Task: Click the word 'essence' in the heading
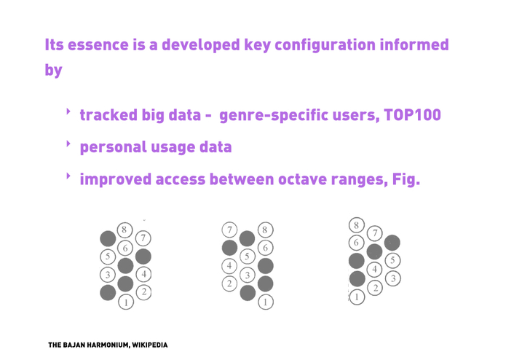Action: pos(98,44)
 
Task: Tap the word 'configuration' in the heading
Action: pos(325,45)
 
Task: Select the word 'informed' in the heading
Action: pos(414,44)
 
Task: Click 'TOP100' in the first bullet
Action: pos(412,115)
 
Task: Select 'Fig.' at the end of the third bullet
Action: pos(406,179)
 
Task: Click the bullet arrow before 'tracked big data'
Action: pos(68,111)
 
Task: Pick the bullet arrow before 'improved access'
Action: pos(68,176)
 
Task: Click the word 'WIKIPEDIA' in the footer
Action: pos(150,345)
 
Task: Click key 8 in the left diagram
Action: pos(124,230)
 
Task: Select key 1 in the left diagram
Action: pos(126,302)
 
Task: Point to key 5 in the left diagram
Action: pos(108,257)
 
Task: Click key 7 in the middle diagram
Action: pos(229,230)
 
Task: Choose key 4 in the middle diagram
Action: pos(229,266)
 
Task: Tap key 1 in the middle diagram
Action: pos(265,302)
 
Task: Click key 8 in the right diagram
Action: pos(357,225)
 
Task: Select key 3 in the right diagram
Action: pos(392,278)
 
